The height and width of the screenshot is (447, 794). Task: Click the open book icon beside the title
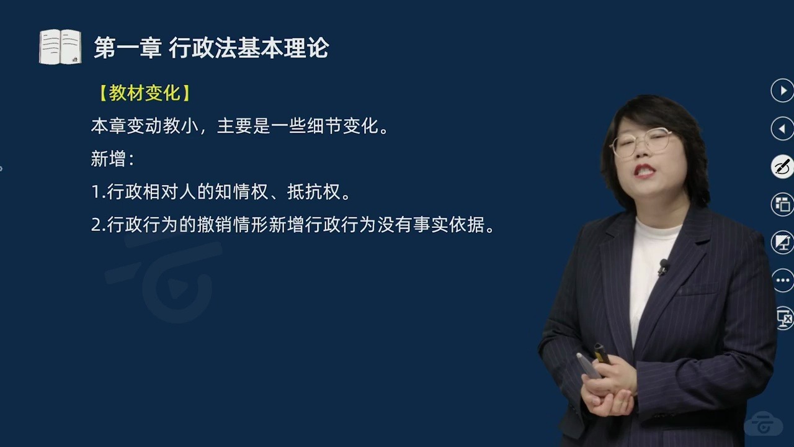tap(60, 47)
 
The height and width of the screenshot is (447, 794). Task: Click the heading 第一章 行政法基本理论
tap(211, 48)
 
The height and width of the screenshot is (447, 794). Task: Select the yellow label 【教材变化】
tap(145, 93)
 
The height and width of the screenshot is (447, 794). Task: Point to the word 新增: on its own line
tap(112, 159)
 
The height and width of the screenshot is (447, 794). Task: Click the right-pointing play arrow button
tap(783, 91)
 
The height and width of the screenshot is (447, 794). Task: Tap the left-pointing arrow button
tap(783, 129)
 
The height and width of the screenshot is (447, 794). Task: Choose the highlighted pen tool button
tap(783, 167)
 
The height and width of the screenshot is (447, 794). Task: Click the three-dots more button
tap(783, 281)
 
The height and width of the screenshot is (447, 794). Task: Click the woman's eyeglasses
tap(642, 143)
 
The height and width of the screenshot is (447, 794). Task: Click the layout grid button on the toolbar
tap(783, 205)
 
